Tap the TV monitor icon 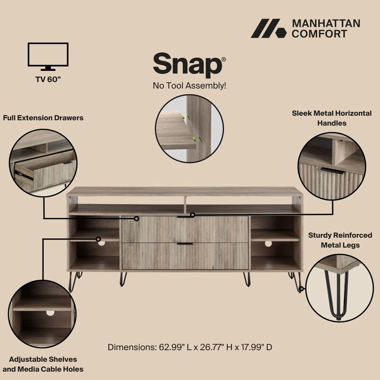tap(48, 57)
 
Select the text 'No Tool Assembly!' tap(189, 86)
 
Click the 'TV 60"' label tap(48, 79)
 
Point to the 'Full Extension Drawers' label tap(43, 117)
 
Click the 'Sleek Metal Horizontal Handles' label tap(332, 118)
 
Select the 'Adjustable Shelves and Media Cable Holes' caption tap(43, 364)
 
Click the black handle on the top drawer tap(185, 217)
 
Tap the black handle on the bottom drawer tap(185, 244)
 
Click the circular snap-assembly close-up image tap(190, 128)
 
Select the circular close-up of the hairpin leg tap(339, 288)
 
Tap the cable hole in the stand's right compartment tap(268, 243)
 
